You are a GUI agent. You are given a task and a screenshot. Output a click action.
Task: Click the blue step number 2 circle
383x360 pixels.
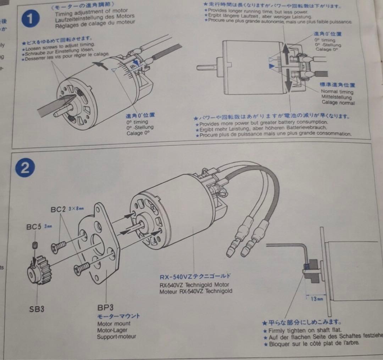pyautogui.click(x=25, y=168)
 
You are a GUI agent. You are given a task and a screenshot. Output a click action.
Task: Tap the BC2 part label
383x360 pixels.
pyautogui.click(x=59, y=210)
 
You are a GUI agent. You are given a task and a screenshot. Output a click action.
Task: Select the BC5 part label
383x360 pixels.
pyautogui.click(x=34, y=226)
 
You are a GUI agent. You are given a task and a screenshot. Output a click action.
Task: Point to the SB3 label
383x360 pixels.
pyautogui.click(x=37, y=309)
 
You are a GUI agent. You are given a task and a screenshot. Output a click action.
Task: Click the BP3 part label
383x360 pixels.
pyautogui.click(x=106, y=307)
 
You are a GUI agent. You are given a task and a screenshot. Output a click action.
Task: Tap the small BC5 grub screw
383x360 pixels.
pyautogui.click(x=35, y=245)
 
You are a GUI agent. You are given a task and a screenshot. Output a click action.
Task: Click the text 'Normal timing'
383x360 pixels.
pyautogui.click(x=337, y=92)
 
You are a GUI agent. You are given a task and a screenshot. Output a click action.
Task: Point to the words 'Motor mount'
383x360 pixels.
pyautogui.click(x=114, y=323)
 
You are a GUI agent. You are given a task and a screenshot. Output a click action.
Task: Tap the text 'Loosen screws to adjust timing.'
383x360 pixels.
pyautogui.click(x=60, y=45)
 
